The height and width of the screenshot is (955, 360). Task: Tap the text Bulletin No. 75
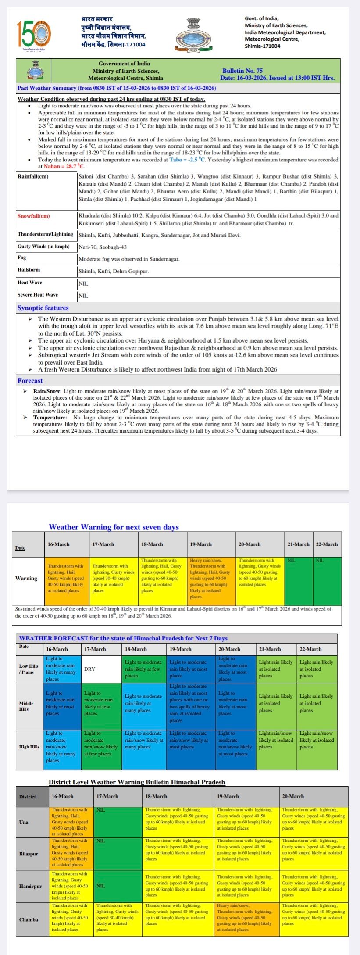[x=242, y=71]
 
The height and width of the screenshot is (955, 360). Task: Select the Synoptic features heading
[x=43, y=308]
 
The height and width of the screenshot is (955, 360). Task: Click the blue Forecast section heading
[x=30, y=381]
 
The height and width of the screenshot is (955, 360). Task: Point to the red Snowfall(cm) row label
[x=34, y=216]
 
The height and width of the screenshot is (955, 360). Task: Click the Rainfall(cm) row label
[x=33, y=176]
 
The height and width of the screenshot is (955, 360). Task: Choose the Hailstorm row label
[x=29, y=270]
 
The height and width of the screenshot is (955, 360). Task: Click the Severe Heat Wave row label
[x=37, y=295]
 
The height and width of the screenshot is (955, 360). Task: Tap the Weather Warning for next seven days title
[x=114, y=527]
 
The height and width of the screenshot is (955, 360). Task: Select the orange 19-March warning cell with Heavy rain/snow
[x=211, y=578]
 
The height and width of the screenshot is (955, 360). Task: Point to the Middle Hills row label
[x=26, y=706]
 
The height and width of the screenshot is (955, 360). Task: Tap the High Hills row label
[x=29, y=747]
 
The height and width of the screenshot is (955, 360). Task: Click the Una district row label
[x=24, y=822]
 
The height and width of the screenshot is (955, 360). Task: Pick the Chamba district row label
[x=29, y=919]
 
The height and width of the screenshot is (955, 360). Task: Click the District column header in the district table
[x=27, y=797]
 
